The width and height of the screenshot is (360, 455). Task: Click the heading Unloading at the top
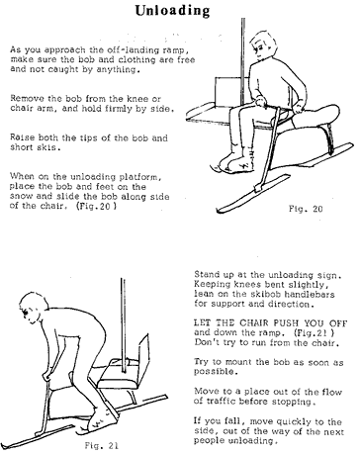coord(181,11)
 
